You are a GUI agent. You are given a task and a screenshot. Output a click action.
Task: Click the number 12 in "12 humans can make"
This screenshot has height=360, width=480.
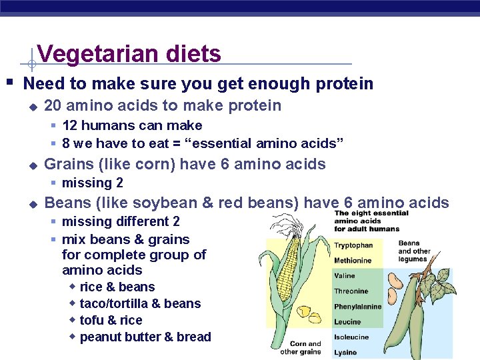[x=69, y=125]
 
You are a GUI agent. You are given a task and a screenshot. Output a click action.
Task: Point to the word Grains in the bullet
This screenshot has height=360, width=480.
[x=67, y=164]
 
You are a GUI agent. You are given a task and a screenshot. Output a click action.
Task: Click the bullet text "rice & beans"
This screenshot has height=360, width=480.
[x=117, y=287]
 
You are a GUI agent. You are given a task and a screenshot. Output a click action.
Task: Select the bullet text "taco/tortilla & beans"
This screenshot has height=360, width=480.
[x=140, y=304]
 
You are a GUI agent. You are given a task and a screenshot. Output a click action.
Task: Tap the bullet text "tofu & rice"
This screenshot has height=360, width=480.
[x=111, y=321]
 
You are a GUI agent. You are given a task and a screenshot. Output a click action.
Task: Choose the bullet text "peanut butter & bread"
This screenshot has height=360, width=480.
[x=145, y=337]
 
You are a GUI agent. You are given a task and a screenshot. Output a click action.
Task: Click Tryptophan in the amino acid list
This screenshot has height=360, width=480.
[x=353, y=245]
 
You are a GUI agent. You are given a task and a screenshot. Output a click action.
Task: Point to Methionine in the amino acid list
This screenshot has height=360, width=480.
[x=353, y=261]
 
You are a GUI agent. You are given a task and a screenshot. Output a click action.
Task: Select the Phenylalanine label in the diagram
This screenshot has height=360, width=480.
[x=358, y=307]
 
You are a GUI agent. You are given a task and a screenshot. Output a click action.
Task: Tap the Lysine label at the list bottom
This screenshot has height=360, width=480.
[x=345, y=352]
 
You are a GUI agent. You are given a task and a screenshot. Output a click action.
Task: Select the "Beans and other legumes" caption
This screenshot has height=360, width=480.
[x=414, y=251]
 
